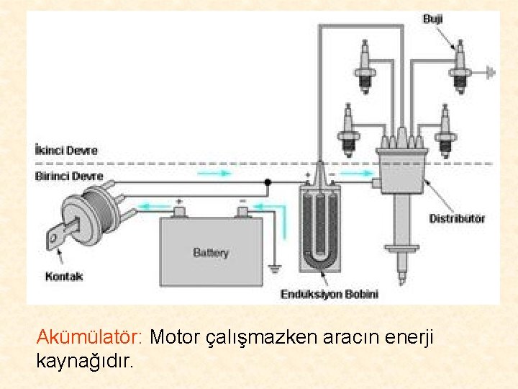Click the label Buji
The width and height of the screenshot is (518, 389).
(x=432, y=19)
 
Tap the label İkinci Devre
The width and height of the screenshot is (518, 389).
(x=66, y=151)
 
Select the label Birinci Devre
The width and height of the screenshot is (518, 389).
(x=69, y=176)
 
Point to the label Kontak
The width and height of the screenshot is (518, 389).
(x=64, y=276)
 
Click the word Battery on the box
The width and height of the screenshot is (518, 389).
(x=211, y=252)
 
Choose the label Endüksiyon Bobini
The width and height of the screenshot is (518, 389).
(x=329, y=294)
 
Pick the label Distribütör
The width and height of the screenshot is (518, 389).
(x=457, y=218)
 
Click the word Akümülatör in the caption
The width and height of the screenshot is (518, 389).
(x=91, y=336)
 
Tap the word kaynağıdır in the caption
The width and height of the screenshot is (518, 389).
(x=84, y=360)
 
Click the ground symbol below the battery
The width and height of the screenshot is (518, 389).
(x=273, y=271)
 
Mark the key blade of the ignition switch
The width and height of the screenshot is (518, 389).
(x=58, y=236)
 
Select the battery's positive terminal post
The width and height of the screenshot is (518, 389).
(x=178, y=211)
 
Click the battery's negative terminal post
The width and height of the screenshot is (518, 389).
(x=242, y=211)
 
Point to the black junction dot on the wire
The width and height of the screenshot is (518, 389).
(x=267, y=183)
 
